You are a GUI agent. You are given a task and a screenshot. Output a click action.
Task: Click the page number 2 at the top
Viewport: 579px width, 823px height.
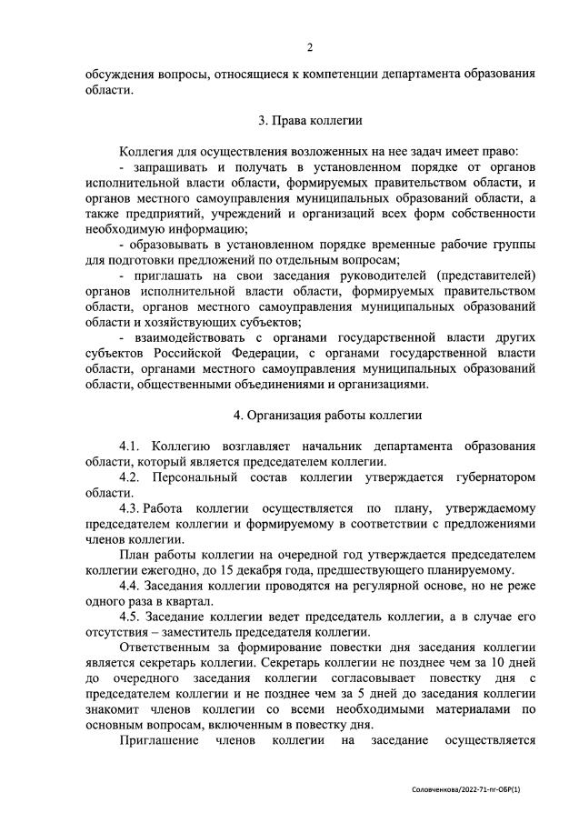309,47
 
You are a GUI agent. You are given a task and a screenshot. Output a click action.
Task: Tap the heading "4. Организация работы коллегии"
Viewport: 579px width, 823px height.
309,416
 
